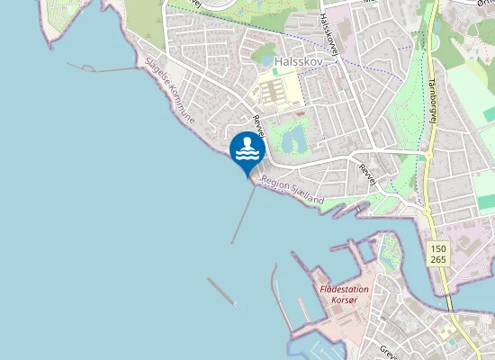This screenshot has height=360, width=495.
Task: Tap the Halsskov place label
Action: [298, 60]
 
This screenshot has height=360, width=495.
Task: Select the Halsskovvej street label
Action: [328, 35]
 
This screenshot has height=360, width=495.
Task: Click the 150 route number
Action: [438, 247]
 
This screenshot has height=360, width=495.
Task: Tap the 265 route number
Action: [438, 259]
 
